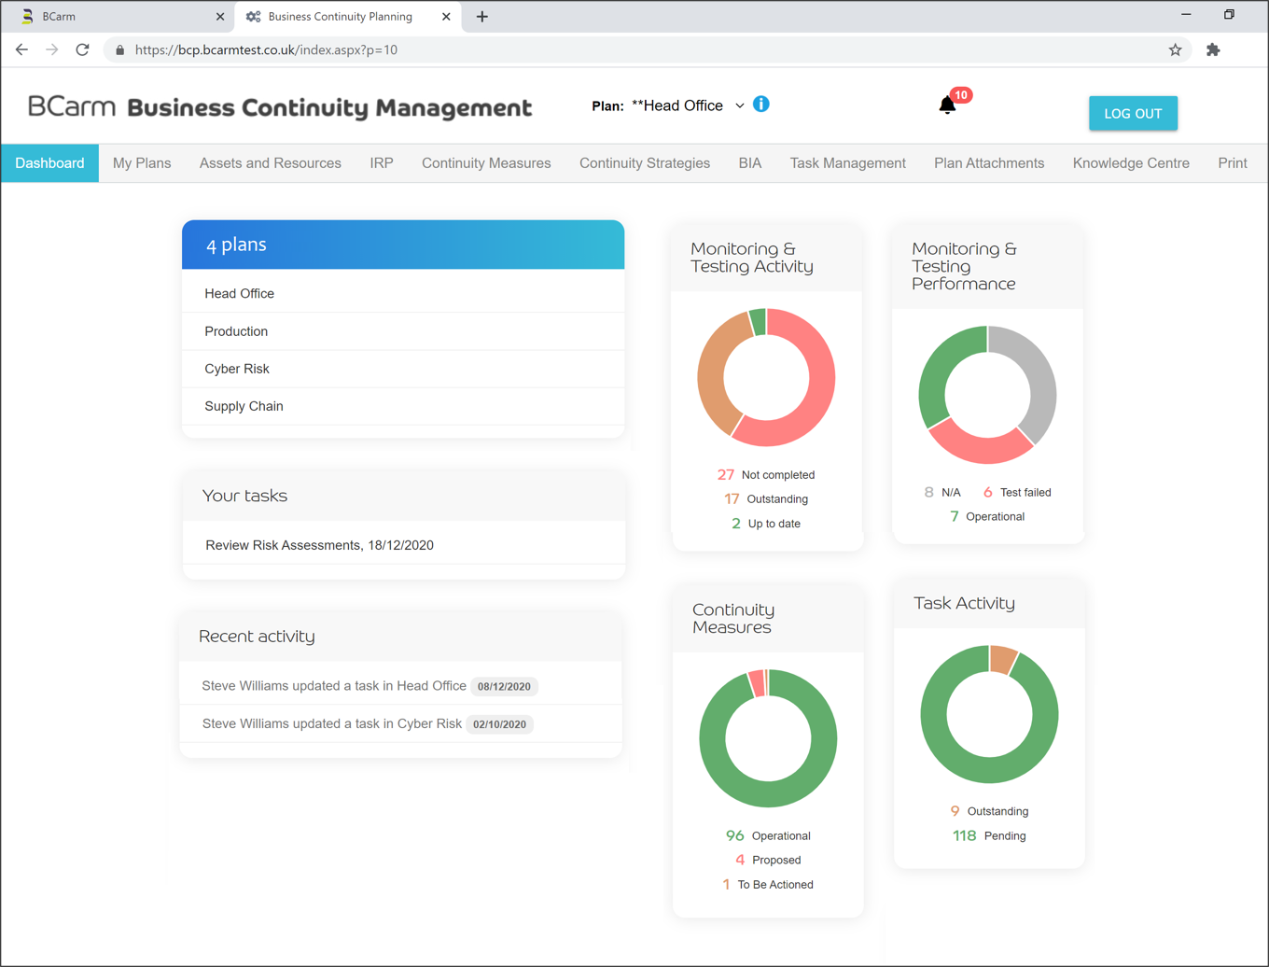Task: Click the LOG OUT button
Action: coord(1132,114)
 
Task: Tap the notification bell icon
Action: coord(947,105)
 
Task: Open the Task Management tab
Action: coord(847,163)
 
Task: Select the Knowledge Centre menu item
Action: coord(1130,163)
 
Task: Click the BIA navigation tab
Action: coord(749,163)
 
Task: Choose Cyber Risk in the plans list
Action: coord(237,369)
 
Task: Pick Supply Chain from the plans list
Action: coord(244,406)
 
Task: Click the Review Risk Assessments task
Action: coord(319,545)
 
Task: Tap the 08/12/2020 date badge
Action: coord(504,686)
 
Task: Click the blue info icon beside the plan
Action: coord(761,105)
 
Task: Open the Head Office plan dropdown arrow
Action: coord(739,106)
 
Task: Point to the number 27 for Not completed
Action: coord(725,475)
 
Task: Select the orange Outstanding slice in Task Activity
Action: coord(1002,659)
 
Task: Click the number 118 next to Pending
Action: coord(964,836)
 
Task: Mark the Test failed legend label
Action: coord(1025,493)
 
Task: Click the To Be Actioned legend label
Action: coord(774,885)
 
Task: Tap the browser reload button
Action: coord(82,49)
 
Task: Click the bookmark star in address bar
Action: coord(1175,49)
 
